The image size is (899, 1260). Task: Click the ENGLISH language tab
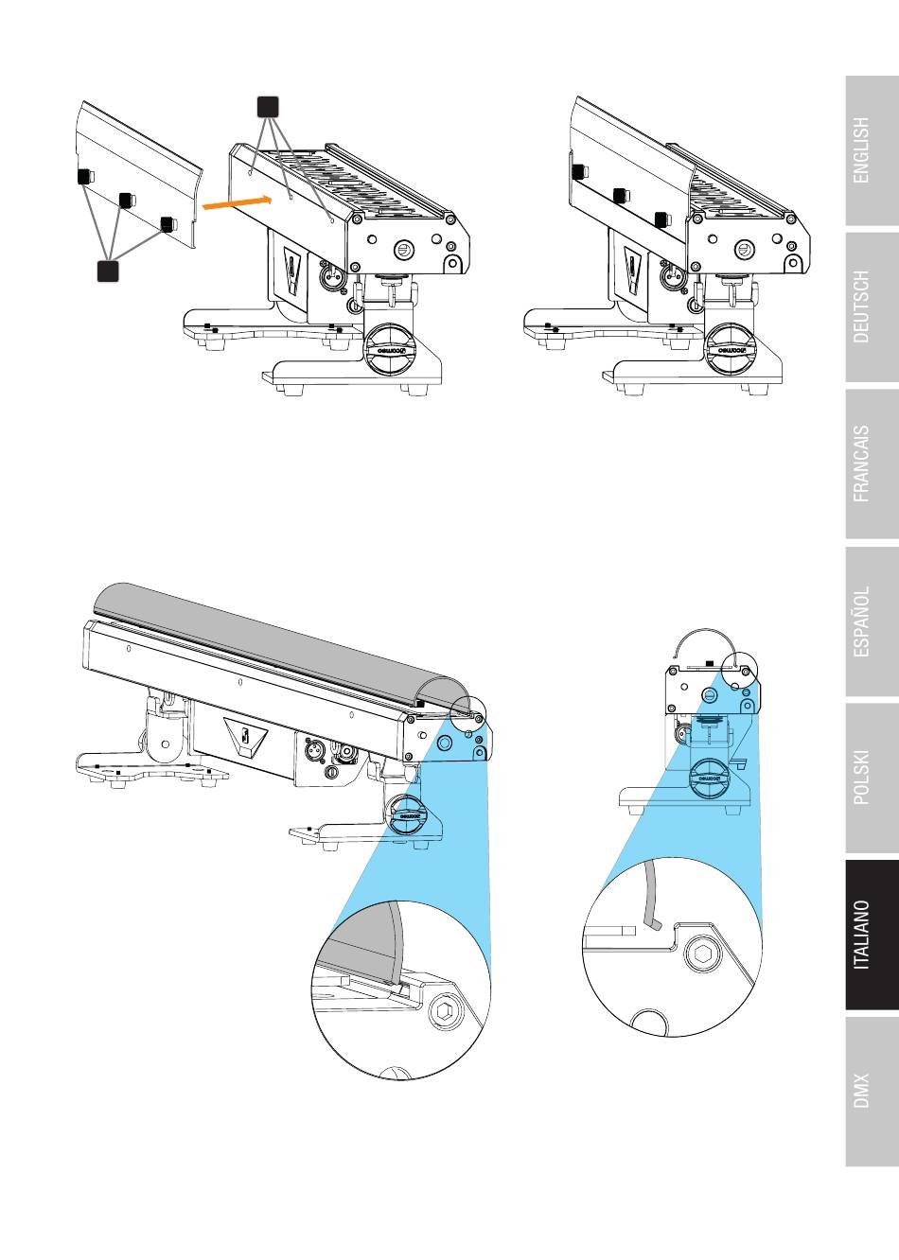872,150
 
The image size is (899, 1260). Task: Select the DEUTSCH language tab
872,307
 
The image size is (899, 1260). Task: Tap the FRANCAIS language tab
872,464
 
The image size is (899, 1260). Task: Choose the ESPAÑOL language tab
872,621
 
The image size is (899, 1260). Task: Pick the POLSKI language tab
872,778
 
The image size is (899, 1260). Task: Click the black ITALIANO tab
872,935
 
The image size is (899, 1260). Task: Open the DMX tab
872,1092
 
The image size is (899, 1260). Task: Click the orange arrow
237,202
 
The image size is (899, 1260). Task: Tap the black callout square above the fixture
268,107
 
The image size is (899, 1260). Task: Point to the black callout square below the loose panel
108,271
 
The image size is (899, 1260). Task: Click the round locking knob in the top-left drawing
390,349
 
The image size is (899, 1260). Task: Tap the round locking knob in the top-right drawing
732,349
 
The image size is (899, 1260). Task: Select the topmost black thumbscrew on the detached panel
85,177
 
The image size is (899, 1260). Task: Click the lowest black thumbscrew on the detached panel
168,224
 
